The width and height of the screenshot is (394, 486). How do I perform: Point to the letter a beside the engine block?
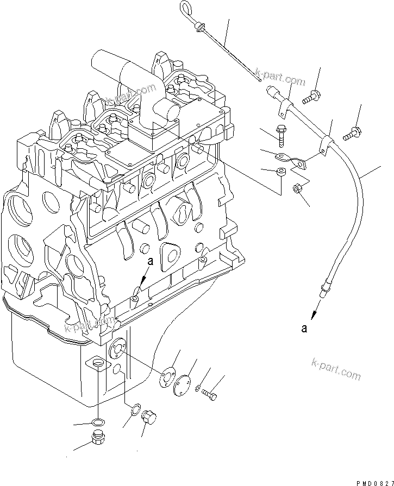point(151,261)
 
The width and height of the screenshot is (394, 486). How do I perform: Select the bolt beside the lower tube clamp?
point(352,130)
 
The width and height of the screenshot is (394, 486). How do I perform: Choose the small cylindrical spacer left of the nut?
point(280,173)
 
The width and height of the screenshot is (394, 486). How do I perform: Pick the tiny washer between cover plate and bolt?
point(199,390)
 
